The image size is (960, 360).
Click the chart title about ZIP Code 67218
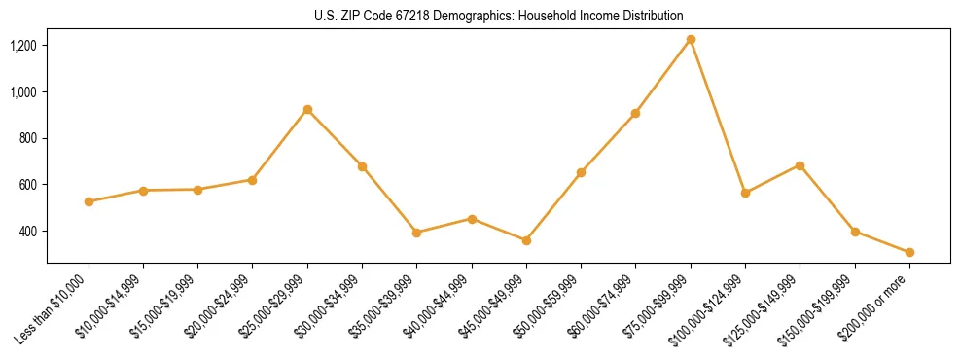[x=499, y=17]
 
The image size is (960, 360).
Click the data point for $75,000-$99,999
[x=691, y=40]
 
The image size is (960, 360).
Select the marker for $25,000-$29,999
[x=307, y=110]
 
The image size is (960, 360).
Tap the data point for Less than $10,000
[x=89, y=201]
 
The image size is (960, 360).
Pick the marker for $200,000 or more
[x=909, y=252]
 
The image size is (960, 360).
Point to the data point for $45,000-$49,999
[x=526, y=240]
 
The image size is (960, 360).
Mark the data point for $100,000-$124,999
[x=745, y=193]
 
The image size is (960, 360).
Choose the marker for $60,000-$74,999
[x=635, y=113]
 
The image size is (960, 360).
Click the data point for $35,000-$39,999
[x=416, y=233]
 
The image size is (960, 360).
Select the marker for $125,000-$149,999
[x=800, y=165]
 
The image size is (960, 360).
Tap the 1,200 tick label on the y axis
[x=23, y=46]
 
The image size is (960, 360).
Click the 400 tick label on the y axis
[x=27, y=232]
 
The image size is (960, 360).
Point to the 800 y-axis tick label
[x=27, y=138]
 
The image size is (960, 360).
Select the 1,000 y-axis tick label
[x=23, y=92]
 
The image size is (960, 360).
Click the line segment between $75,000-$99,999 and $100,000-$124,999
[x=718, y=117]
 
